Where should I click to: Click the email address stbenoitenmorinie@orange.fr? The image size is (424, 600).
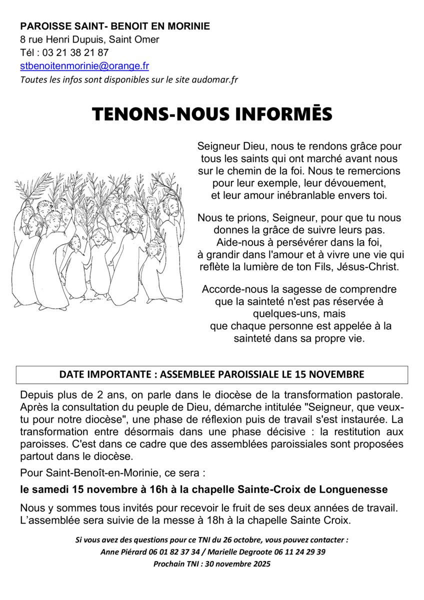pyautogui.click(x=84, y=66)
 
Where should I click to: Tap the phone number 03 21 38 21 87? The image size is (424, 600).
pyautogui.click(x=76, y=52)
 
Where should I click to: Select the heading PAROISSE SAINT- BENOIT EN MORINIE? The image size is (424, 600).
pyautogui.click(x=115, y=26)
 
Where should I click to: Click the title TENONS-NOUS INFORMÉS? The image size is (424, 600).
pyautogui.click(x=212, y=114)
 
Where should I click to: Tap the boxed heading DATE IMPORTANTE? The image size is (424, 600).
pyautogui.click(x=212, y=374)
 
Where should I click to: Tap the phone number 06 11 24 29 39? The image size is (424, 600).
pyautogui.click(x=299, y=552)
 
